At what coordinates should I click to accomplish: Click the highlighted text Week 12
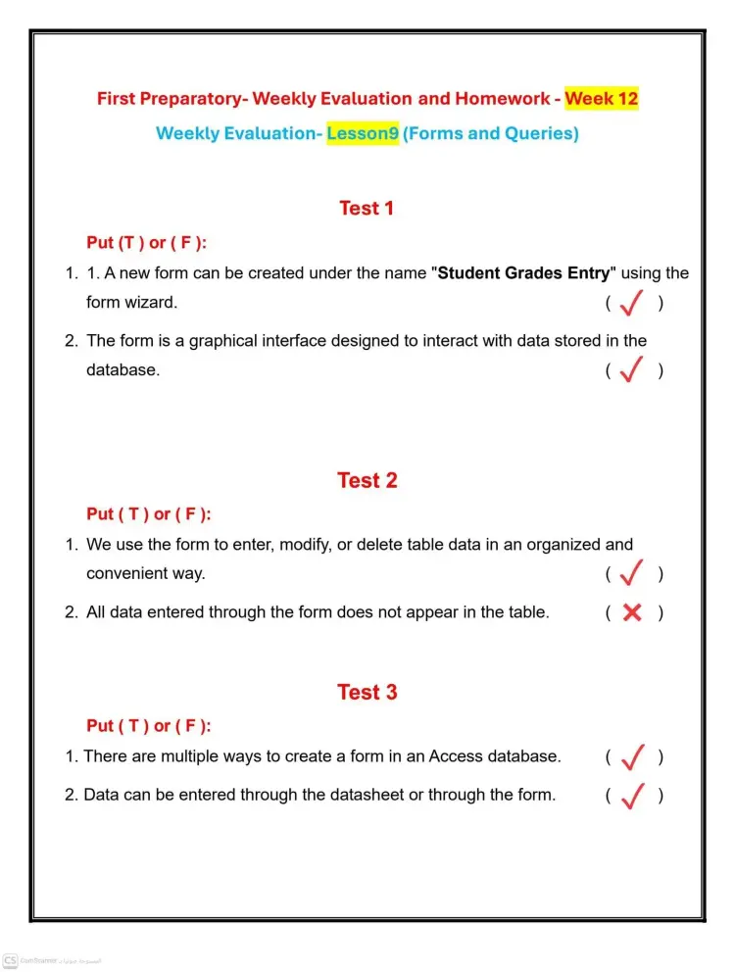[601, 98]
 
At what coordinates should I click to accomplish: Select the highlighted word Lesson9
[363, 133]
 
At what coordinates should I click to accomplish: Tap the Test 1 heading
[367, 208]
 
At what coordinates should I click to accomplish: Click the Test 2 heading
[367, 480]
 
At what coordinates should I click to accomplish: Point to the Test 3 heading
[367, 692]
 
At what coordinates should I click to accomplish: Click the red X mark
[633, 613]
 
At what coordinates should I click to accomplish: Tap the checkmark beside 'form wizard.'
[632, 304]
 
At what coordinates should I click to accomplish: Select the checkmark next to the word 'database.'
[632, 370]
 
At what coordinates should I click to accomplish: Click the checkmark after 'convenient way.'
[632, 573]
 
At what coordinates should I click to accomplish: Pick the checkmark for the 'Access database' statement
[632, 757]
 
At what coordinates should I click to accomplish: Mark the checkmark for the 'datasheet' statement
[632, 796]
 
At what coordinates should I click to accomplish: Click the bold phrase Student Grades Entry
[523, 273]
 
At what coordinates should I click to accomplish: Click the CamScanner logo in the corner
[11, 960]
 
